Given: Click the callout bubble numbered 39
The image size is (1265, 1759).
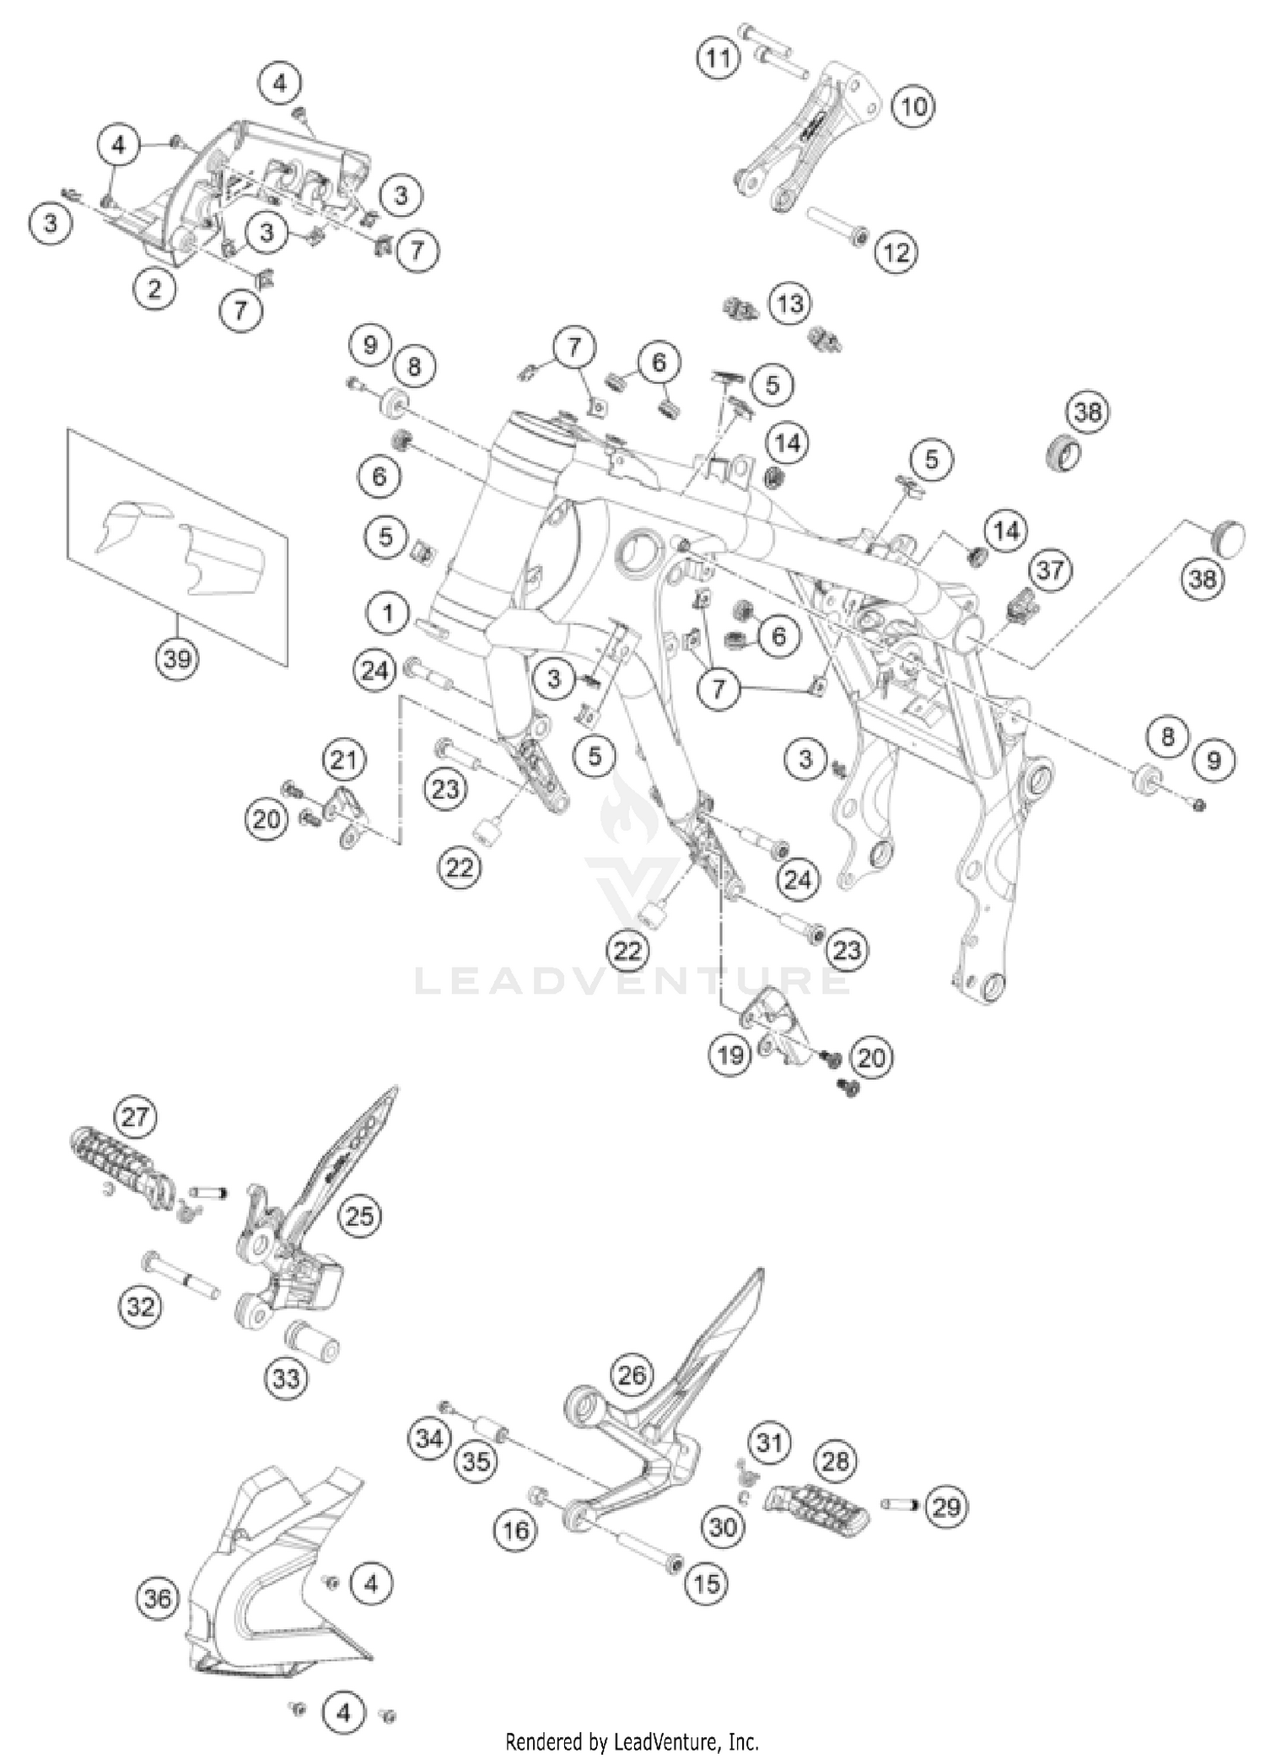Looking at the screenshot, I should tap(177, 657).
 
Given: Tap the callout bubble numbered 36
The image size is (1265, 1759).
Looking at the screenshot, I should tap(158, 1598).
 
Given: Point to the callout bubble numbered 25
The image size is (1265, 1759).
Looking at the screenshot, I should tap(359, 1216).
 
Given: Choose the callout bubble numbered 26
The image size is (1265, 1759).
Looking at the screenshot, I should tap(632, 1375).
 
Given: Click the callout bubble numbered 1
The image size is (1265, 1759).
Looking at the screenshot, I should tap(388, 613).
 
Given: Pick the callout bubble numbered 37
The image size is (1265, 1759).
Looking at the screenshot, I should tap(1050, 569).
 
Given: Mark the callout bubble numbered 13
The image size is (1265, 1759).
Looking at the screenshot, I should tap(790, 304).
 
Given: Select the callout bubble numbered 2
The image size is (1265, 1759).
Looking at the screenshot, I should tap(153, 289).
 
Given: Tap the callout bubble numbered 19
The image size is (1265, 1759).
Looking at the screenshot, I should tap(730, 1055).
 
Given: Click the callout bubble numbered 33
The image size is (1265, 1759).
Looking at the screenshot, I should tap(286, 1379).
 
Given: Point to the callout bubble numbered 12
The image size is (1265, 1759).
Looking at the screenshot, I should tap(896, 251).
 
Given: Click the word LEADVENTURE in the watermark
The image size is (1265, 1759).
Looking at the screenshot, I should tap(632, 981).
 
